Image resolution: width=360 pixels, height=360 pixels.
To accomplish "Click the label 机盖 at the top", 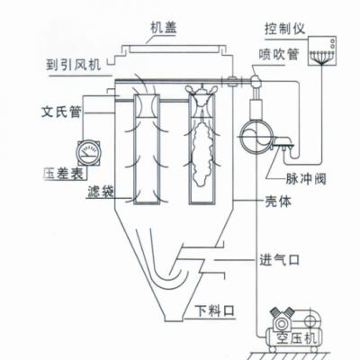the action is point(164,28).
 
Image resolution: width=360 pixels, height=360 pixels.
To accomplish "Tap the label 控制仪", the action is point(284,29).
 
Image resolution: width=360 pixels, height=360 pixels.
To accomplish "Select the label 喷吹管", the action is point(279,54).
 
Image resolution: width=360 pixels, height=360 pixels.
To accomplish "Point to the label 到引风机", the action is point(73,65).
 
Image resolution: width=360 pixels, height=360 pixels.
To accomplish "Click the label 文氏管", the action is point(61,112).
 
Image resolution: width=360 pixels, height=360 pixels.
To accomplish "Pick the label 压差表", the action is point(63,173).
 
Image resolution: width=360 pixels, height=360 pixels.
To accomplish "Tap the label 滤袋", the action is point(101,192).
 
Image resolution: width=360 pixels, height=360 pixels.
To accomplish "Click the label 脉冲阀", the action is point(305,179).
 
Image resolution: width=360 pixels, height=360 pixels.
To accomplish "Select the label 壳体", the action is point(278,202).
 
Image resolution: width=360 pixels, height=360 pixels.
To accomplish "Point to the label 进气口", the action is point(279,260).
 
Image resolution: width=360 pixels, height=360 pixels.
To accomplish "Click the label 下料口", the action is point(214,310).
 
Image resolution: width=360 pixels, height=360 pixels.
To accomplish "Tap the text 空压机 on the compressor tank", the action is point(296,338).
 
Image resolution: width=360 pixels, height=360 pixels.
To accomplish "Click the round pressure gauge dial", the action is point(88,153).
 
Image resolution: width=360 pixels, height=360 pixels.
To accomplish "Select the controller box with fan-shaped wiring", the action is point(322,50).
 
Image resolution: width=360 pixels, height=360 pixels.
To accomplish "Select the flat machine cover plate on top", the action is point(173,49).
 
